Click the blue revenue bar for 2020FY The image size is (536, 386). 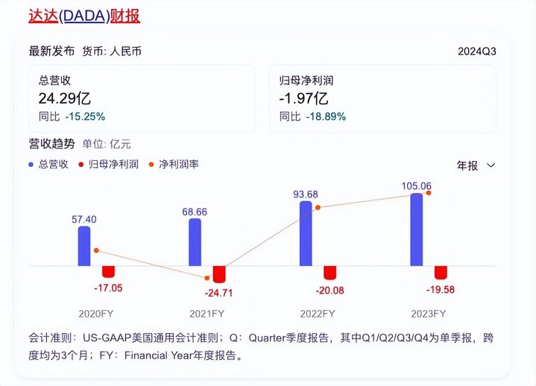84,246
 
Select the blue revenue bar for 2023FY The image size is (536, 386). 417,230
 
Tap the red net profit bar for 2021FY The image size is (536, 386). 218,273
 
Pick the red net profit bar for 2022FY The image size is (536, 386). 330,272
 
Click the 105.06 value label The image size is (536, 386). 417,186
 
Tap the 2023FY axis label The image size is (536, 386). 429,313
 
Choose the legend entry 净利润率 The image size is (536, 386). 178,164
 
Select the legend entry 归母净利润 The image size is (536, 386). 113,164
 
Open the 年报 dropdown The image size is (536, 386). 476,165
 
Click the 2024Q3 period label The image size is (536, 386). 477,51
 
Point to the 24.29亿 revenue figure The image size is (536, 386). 65,98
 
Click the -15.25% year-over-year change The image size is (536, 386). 84,116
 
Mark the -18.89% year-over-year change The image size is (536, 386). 325,116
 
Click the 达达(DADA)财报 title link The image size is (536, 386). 84,16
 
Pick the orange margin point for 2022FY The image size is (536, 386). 318,207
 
